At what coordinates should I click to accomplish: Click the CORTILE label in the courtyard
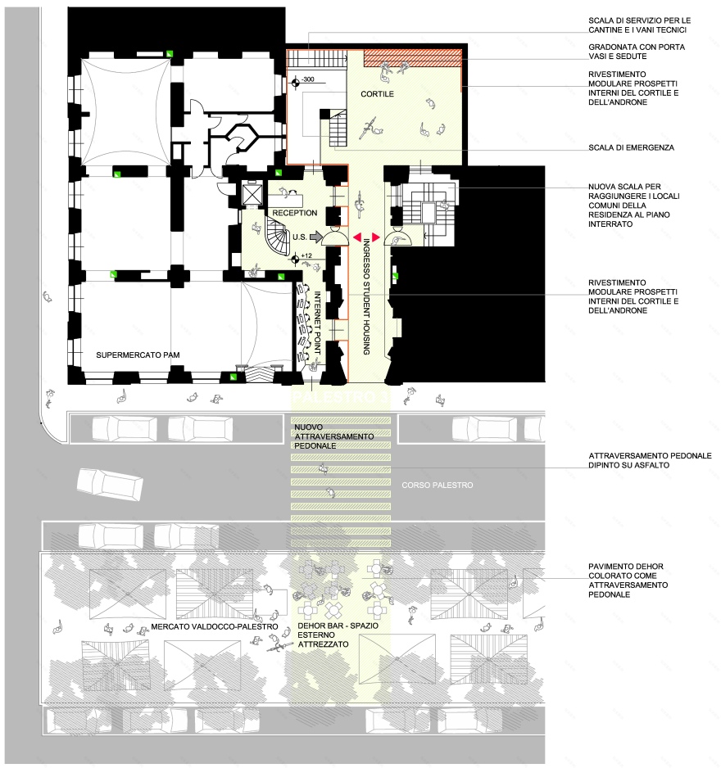[377, 95]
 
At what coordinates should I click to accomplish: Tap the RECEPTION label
[294, 213]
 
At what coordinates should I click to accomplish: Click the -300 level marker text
[308, 80]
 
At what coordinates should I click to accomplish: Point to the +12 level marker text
[307, 256]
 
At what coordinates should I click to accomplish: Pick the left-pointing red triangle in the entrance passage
[356, 237]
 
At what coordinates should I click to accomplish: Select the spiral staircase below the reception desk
[279, 241]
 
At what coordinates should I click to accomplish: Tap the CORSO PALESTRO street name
[438, 486]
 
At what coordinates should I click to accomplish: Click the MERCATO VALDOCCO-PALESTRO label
[215, 627]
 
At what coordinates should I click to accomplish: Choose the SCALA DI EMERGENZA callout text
[631, 148]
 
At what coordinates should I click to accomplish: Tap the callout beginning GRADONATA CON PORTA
[637, 52]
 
